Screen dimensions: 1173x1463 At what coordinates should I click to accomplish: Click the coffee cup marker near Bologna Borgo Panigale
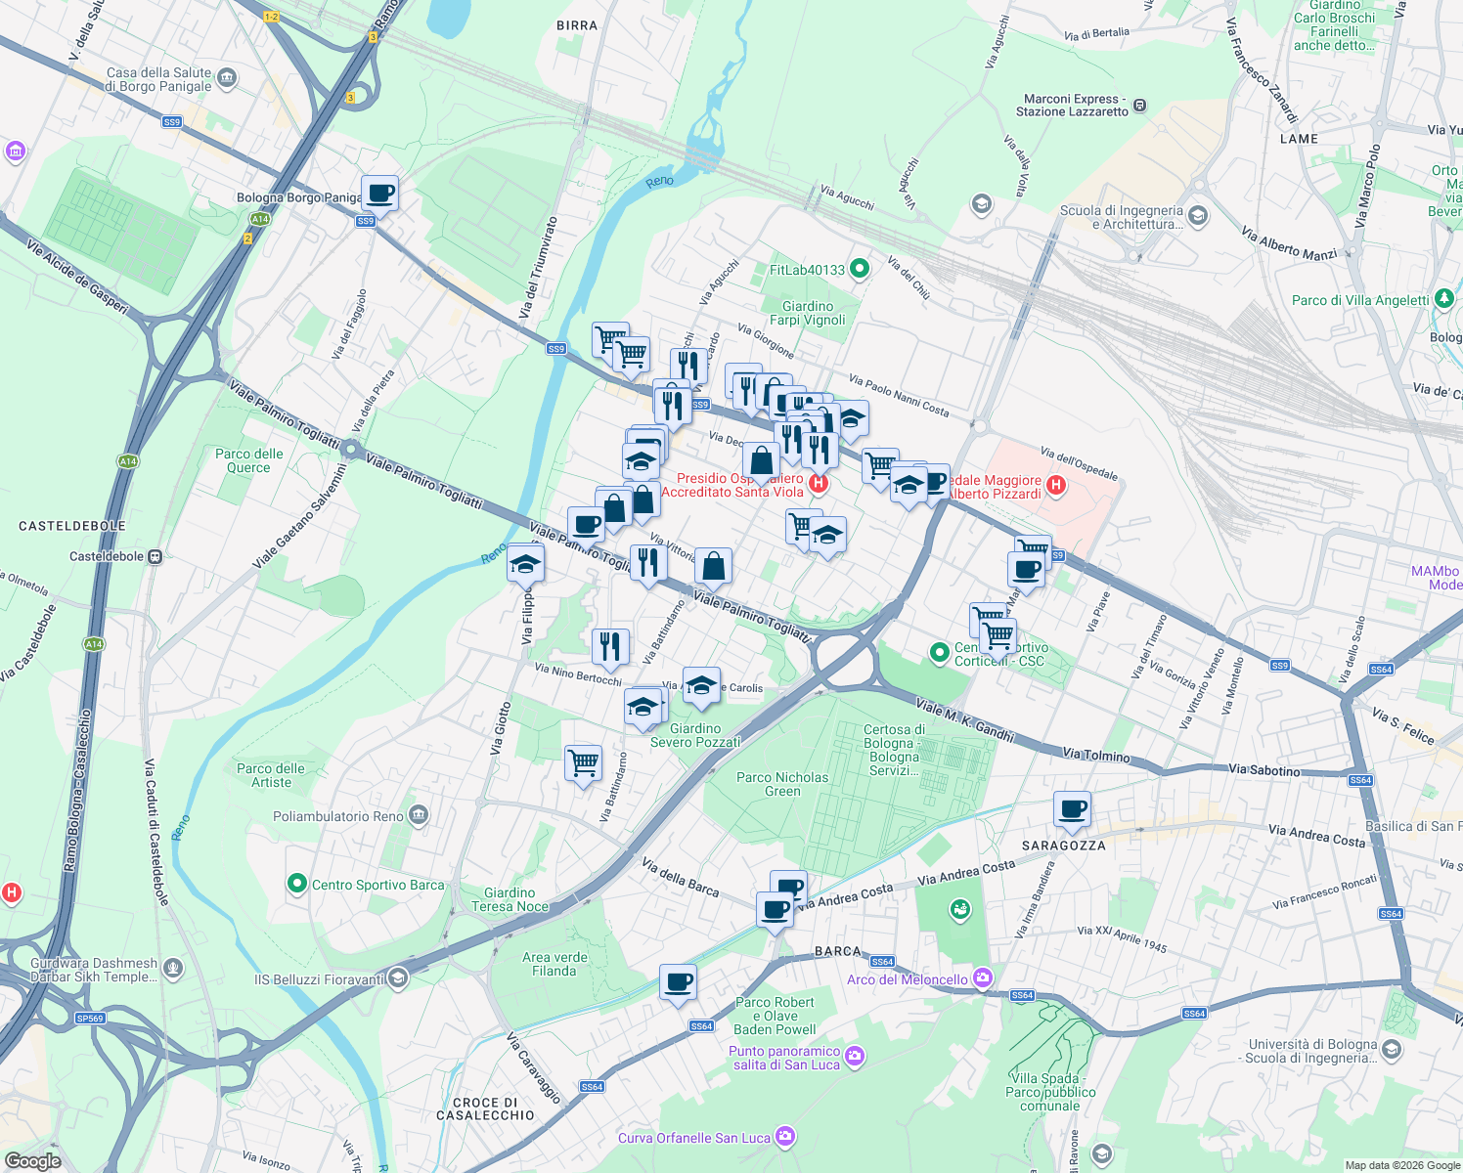[x=379, y=194]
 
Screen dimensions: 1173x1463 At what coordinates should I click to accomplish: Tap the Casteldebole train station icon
[x=155, y=556]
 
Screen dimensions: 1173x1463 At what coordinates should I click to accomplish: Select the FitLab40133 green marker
[x=860, y=269]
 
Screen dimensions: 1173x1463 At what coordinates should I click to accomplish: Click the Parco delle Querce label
[x=248, y=460]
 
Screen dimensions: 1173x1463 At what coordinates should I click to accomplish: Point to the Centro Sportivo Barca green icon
[x=297, y=884]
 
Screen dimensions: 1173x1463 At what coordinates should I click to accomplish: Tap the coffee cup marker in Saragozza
[x=1072, y=809]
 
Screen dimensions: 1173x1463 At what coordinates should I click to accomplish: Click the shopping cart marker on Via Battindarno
[x=583, y=762]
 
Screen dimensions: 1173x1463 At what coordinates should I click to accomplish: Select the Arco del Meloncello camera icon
[x=983, y=978]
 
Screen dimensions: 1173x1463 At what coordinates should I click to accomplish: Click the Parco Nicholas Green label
[x=781, y=784]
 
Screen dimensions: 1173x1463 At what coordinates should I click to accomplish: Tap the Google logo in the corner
[x=32, y=1160]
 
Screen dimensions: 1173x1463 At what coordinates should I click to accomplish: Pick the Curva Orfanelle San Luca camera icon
[x=785, y=1136]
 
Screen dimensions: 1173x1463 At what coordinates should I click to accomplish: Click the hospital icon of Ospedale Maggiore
[x=1055, y=485]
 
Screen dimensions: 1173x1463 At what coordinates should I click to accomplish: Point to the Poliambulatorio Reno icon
[x=419, y=815]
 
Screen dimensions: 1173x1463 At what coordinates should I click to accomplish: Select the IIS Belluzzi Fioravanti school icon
[x=397, y=977]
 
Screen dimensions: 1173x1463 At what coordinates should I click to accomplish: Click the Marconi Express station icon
[x=1139, y=106]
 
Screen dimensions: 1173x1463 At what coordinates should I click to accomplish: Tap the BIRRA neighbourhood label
[x=576, y=25]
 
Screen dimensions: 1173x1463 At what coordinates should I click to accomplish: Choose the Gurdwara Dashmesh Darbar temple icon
[x=173, y=968]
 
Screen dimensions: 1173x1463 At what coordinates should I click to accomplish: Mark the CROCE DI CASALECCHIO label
[x=485, y=1108]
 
